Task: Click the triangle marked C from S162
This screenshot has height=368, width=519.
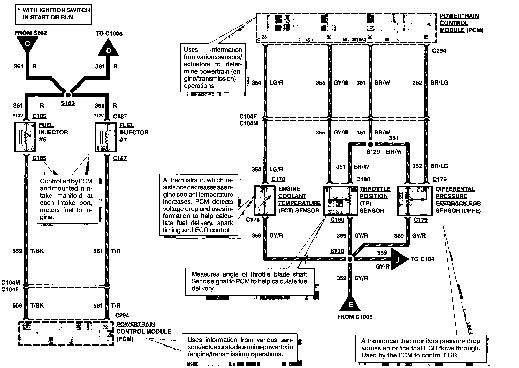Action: point(27,44)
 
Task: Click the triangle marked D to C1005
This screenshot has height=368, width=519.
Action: point(108,49)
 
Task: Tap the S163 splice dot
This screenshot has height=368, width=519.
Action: point(68,95)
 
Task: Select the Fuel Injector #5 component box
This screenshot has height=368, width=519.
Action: point(25,137)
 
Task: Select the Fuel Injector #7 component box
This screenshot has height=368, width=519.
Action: point(106,137)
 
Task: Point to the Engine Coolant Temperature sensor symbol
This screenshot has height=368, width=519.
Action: point(265,200)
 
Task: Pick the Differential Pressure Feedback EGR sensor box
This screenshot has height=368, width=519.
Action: point(415,200)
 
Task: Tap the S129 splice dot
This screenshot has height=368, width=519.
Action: point(370,144)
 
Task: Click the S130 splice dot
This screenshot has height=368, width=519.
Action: point(350,259)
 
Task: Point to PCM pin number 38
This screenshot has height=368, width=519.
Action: point(264,37)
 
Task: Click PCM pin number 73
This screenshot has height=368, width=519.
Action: point(25,327)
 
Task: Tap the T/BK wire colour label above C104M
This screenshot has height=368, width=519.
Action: point(37,251)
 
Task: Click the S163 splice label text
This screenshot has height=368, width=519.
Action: point(68,103)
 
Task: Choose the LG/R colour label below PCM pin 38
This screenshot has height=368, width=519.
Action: point(276,83)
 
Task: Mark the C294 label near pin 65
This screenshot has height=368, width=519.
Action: point(439,51)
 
